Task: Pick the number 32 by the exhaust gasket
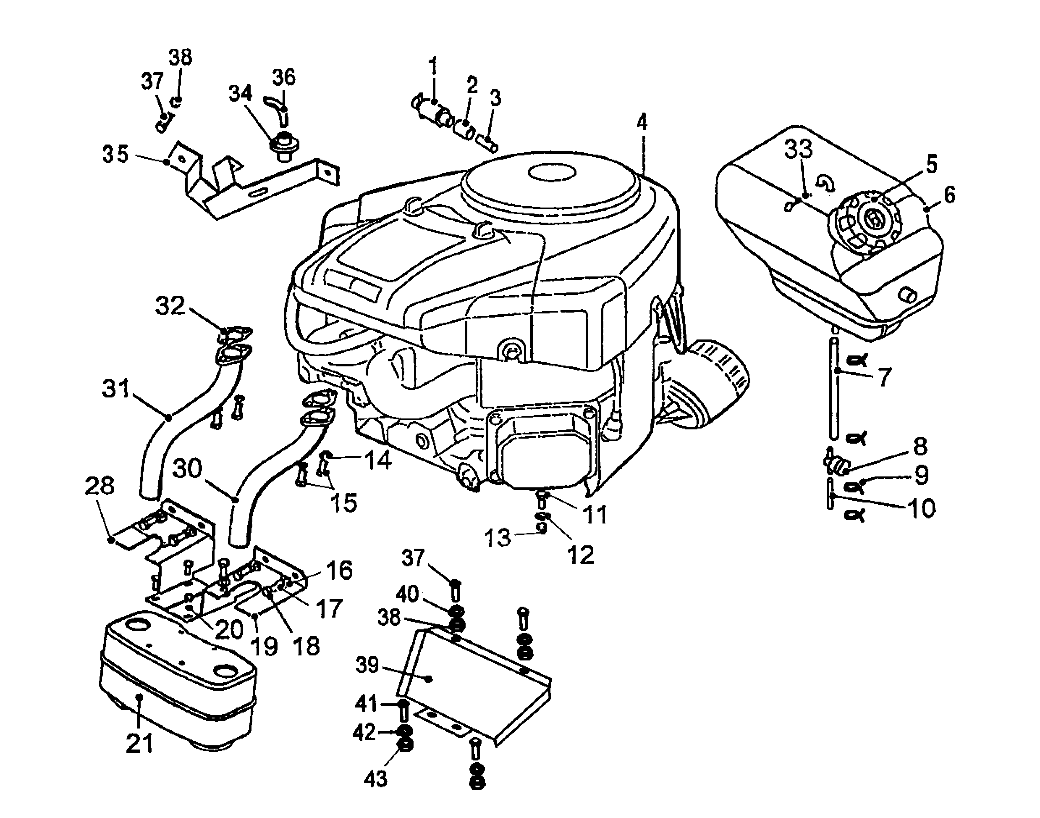pyautogui.click(x=170, y=305)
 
